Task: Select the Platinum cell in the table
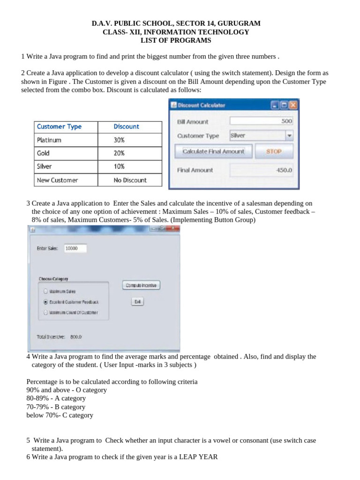pos(49,140)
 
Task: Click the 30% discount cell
pos(119,140)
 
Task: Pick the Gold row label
pos(43,153)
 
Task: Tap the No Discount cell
pos(130,180)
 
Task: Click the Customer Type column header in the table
pos(59,127)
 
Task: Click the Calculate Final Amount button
pos(213,151)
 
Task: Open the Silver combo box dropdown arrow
pos(289,135)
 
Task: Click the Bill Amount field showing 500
pos(262,121)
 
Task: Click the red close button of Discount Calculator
pos(293,105)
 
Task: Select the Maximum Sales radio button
pos(45,291)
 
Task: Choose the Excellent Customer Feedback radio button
pos(45,302)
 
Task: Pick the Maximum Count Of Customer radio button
pos(45,312)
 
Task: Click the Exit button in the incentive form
pos(137,302)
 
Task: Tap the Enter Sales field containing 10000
pos(75,248)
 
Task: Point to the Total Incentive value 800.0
pos(76,337)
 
